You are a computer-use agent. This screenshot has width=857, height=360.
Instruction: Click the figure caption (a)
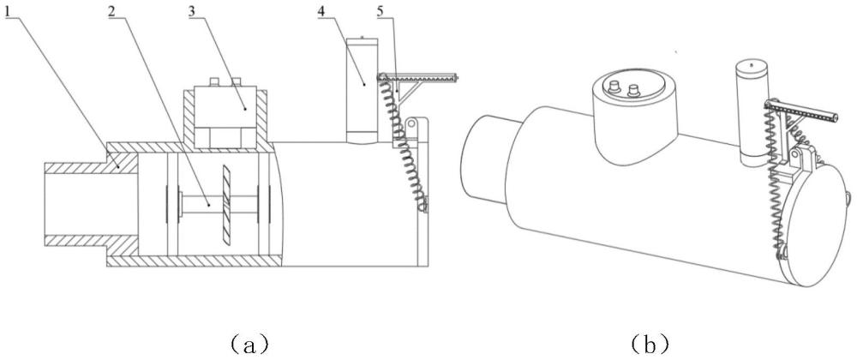coord(249,345)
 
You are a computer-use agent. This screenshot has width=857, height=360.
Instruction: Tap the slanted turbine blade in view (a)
coord(227,204)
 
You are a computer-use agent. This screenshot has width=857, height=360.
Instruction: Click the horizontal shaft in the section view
coord(219,205)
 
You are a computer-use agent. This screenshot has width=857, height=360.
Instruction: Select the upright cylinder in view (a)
coord(363,91)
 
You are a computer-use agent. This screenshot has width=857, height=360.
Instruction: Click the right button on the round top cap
coord(633,88)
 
